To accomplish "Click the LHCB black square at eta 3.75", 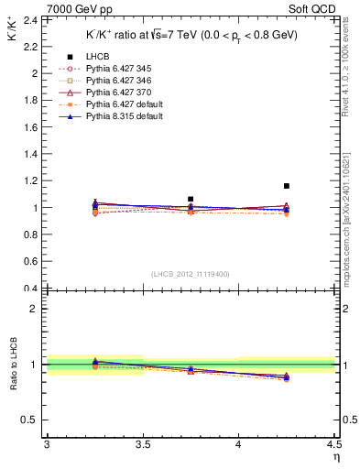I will point(191,199).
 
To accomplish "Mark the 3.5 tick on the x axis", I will point(143,444).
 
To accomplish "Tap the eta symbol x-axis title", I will point(335,456).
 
